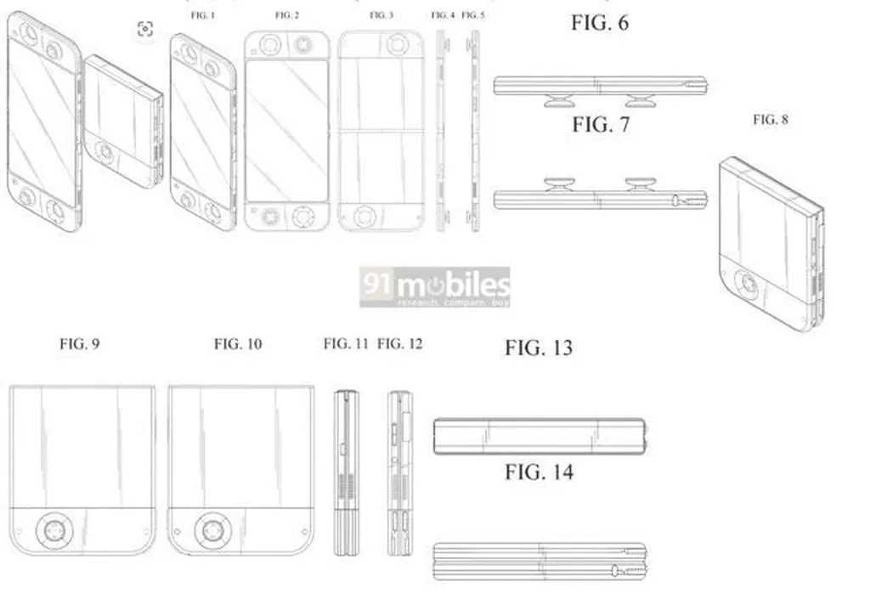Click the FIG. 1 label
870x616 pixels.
[x=202, y=15]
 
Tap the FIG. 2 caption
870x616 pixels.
[x=287, y=15]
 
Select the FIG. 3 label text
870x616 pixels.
[x=381, y=15]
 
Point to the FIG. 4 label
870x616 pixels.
[x=443, y=15]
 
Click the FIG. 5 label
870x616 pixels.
[x=473, y=15]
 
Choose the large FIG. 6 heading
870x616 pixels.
[x=600, y=23]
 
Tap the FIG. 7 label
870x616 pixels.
[x=601, y=125]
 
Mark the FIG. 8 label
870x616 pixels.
[x=770, y=120]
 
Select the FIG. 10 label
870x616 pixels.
[x=238, y=344]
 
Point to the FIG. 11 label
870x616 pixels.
[x=346, y=344]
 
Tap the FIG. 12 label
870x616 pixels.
[x=399, y=344]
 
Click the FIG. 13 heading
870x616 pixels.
[x=539, y=348]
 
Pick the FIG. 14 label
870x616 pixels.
[x=539, y=472]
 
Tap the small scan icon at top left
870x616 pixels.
[x=145, y=30]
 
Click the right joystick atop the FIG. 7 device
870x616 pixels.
[x=641, y=183]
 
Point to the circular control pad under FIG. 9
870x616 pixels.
[x=54, y=533]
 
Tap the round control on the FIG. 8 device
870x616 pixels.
[x=749, y=284]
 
